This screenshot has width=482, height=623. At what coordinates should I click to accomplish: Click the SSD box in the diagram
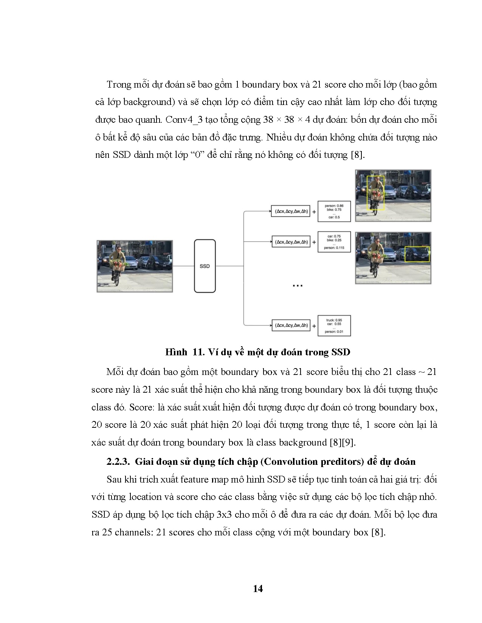[x=205, y=266]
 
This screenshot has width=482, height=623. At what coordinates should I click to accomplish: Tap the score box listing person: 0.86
[x=334, y=211]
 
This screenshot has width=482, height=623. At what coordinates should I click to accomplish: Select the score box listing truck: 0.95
[x=334, y=325]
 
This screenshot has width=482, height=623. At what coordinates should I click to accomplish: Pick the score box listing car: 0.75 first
[x=334, y=242]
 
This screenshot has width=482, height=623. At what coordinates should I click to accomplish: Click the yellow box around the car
[x=417, y=254]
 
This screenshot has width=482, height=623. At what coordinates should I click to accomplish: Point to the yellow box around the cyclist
[x=375, y=193]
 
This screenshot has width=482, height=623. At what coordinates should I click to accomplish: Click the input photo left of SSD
[x=135, y=266]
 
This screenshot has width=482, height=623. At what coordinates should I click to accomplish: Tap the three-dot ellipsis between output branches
[x=298, y=286]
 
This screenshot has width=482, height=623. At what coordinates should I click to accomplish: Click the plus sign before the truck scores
[x=314, y=325]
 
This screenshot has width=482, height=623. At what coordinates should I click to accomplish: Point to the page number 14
[x=258, y=589]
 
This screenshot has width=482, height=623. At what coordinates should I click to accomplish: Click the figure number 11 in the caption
[x=198, y=352]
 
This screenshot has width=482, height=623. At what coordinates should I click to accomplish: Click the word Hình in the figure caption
[x=176, y=352]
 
